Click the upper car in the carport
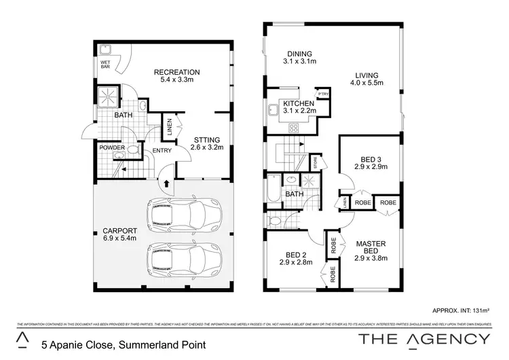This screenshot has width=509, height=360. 185,215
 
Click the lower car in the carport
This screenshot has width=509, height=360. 185,259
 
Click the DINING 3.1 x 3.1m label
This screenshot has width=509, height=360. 299,58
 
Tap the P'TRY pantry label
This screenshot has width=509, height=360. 323,93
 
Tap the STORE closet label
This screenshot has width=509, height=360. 315,162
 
